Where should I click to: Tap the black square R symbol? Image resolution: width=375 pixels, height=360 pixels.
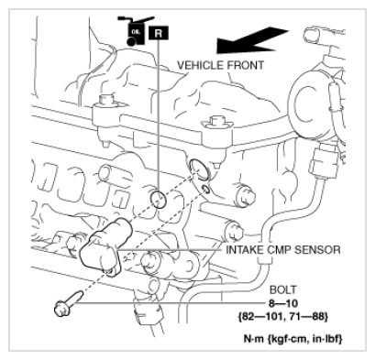[x=159, y=33]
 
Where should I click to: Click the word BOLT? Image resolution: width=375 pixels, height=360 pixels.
[x=283, y=289]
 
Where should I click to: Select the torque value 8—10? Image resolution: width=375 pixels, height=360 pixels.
[x=283, y=303]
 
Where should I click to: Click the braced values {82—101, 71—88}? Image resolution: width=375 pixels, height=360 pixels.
[x=283, y=316]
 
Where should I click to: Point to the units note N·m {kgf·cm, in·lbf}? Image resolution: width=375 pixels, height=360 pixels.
[x=292, y=338]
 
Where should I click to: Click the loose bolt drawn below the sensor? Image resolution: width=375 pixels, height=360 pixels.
[x=68, y=304]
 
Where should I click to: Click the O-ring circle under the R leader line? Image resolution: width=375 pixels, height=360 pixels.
[x=159, y=200]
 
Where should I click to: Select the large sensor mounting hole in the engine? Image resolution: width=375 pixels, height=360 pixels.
[x=199, y=169]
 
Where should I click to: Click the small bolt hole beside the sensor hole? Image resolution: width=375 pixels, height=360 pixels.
[x=206, y=190]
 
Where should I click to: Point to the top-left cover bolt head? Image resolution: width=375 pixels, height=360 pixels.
[x=106, y=100]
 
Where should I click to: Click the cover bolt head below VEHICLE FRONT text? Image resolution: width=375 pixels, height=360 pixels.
[x=217, y=121]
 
